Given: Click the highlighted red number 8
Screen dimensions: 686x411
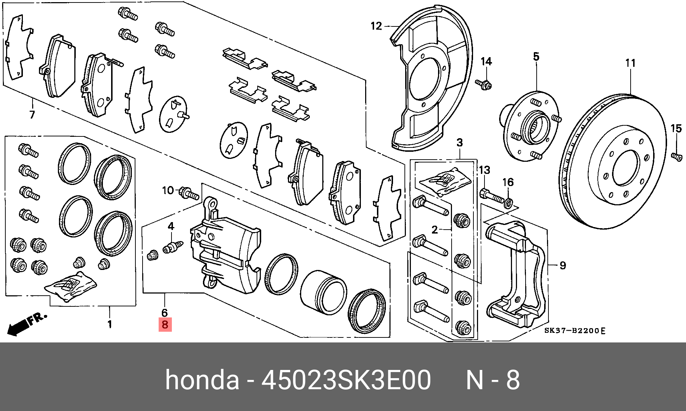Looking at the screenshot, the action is click(165, 325).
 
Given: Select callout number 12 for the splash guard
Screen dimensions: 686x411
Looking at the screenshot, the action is click(376, 26).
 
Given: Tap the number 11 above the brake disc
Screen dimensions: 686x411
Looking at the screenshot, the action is click(630, 63).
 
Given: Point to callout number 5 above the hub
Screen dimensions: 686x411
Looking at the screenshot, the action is click(536, 56).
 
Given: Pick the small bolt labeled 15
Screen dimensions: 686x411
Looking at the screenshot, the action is click(677, 156).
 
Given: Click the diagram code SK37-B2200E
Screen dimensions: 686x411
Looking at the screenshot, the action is click(575, 331).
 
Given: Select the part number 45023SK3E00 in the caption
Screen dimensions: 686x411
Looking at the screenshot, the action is click(346, 380).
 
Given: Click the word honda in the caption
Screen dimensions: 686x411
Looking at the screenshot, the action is click(202, 380).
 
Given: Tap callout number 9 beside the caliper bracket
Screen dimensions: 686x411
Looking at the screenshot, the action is click(563, 265).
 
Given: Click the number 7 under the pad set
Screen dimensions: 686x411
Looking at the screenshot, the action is click(32, 115).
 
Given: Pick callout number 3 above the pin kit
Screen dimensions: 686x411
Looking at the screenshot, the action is click(459, 143).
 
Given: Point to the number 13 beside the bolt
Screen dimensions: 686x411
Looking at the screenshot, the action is click(484, 170).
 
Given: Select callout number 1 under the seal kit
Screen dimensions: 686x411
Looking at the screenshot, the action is click(110, 324).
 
